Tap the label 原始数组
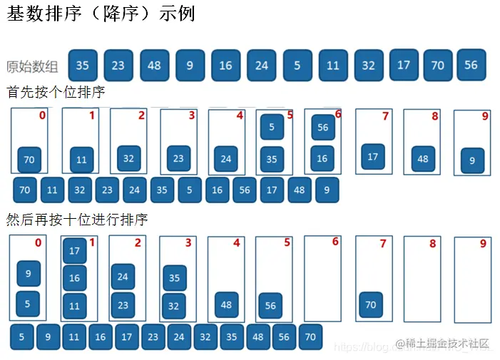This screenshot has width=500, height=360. coord(32,66)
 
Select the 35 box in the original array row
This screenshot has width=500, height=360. coord(83,66)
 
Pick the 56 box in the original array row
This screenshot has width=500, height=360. coord(471,64)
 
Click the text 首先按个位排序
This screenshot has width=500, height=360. coord(56,93)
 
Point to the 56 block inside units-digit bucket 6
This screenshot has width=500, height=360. coord(323,127)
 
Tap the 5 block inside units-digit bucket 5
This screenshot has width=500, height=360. coord(272,127)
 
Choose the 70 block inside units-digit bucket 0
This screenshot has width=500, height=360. coord(29,160)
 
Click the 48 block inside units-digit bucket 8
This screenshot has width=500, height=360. coord(423,158)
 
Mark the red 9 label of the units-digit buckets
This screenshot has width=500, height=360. coord(484,116)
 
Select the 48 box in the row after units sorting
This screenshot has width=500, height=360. coord(300,190)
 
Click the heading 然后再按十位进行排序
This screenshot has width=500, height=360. coord(77,220)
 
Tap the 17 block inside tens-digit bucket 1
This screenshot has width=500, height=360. coord(75,251)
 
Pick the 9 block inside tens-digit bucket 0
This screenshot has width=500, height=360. coord(29,273)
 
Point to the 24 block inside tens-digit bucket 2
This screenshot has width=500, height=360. coord(123,276)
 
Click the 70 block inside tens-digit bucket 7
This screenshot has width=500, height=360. coord(371,304)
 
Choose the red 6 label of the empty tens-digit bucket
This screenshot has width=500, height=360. coord(335,242)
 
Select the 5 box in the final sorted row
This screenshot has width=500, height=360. coord(22,336)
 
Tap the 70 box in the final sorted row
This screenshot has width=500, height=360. coord(310,336)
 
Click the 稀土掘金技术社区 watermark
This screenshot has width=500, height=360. coord(443,344)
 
